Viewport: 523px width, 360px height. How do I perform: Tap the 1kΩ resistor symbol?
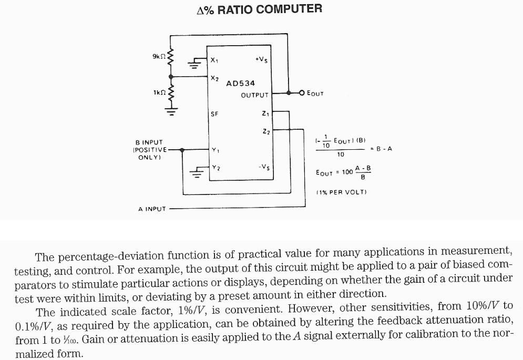pos(170,94)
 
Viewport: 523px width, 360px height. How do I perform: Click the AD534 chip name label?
pos(240,84)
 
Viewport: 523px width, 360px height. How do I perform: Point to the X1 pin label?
pos(214,60)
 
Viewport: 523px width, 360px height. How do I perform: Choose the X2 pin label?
pos(214,78)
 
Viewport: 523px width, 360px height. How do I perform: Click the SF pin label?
pos(214,114)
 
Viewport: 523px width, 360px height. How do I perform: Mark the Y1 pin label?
pos(214,150)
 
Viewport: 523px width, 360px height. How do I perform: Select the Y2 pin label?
pos(214,167)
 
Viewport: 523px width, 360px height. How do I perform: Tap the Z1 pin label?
pos(265,114)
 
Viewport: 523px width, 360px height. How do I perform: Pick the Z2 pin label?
pos(265,131)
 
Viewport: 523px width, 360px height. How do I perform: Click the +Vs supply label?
pos(261,60)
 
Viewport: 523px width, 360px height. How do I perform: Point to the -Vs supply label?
pos(263,167)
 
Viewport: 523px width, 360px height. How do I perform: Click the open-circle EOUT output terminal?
pos(302,93)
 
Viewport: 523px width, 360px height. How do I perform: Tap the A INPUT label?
pos(152,209)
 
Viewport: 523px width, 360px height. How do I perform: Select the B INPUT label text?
pos(149,142)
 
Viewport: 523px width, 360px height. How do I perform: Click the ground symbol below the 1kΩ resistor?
pos(170,111)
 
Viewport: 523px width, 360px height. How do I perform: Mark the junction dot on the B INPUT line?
pos(182,150)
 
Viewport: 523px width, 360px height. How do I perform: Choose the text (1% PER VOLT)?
pos(341,192)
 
